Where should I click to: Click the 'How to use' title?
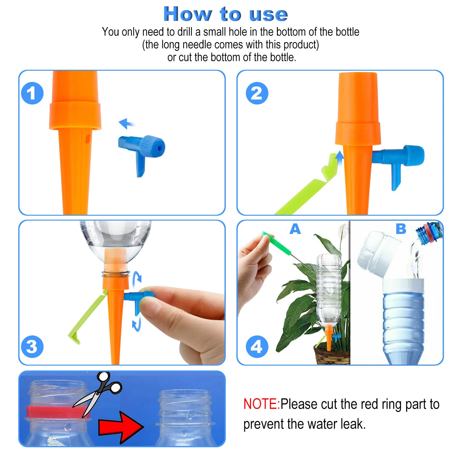225,14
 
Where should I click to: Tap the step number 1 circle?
32,93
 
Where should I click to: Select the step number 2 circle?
257,93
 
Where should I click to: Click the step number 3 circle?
32,346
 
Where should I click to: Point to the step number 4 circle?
257,346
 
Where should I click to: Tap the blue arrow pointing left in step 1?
126,123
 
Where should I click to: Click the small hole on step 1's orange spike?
87,139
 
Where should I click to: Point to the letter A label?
295,229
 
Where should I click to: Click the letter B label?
401,229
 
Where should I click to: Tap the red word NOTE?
261,404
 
